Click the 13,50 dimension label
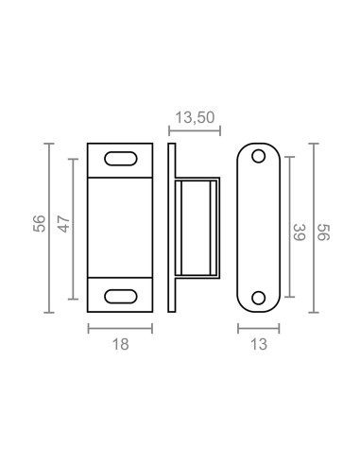click(195, 117)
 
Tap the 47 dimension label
click(64, 224)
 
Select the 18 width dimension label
click(120, 344)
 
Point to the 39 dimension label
click(300, 232)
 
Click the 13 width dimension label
click(259, 344)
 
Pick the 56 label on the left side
click(40, 224)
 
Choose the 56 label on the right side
click(323, 232)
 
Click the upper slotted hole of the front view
click(121, 159)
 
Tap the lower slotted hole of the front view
click(121, 297)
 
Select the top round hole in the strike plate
click(259, 156)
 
